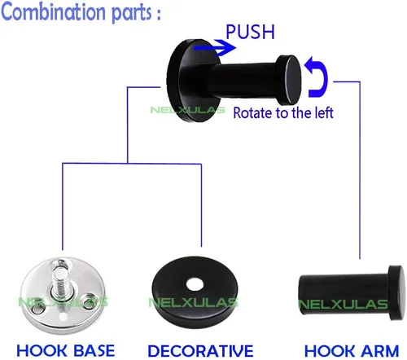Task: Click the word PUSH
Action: [x=250, y=32]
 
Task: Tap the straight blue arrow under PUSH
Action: [x=214, y=48]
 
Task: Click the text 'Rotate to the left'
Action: [x=283, y=112]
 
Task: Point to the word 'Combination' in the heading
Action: [x=53, y=11]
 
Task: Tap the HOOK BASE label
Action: [x=66, y=350]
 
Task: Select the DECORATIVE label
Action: [x=200, y=350]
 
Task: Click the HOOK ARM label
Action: [x=352, y=350]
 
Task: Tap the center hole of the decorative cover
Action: [x=195, y=284]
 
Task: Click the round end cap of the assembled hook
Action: [x=290, y=80]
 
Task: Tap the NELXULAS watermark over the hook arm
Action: [x=343, y=305]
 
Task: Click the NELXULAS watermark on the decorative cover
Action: [x=194, y=302]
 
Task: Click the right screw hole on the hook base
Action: [x=88, y=299]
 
